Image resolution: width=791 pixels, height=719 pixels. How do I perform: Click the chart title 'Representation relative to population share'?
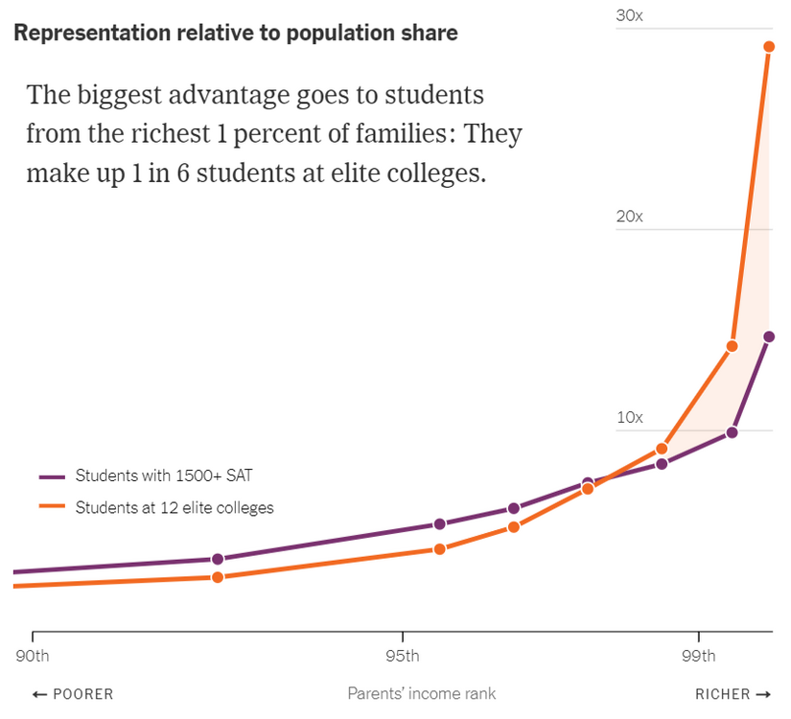pyautogui.click(x=236, y=33)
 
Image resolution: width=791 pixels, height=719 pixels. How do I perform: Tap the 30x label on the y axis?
pyautogui.click(x=629, y=16)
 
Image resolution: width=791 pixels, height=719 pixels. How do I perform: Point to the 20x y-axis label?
pyautogui.click(x=629, y=217)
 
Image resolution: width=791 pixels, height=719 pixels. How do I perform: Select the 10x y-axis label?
pyautogui.click(x=629, y=418)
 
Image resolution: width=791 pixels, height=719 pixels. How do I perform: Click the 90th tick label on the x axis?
pyautogui.click(x=33, y=657)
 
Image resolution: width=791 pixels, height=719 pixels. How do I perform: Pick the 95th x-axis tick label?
pyautogui.click(x=402, y=657)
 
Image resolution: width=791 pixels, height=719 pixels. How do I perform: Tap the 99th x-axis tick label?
pyautogui.click(x=698, y=657)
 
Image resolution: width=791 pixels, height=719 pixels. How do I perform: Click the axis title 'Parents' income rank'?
pyautogui.click(x=422, y=693)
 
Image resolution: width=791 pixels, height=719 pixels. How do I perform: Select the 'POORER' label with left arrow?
pyautogui.click(x=73, y=694)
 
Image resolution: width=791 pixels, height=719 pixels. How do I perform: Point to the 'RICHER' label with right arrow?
pyautogui.click(x=733, y=694)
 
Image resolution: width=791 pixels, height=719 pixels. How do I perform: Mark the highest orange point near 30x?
pyautogui.click(x=769, y=46)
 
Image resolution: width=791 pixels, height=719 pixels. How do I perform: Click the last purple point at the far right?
pyautogui.click(x=769, y=336)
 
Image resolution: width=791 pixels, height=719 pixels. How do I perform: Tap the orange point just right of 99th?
pyautogui.click(x=733, y=346)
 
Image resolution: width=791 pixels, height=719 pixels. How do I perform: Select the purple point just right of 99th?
pyautogui.click(x=733, y=432)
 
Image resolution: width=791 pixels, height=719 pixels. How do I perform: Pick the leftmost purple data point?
pyautogui.click(x=218, y=559)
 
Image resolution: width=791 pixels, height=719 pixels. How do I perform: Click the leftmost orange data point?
pyautogui.click(x=218, y=577)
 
